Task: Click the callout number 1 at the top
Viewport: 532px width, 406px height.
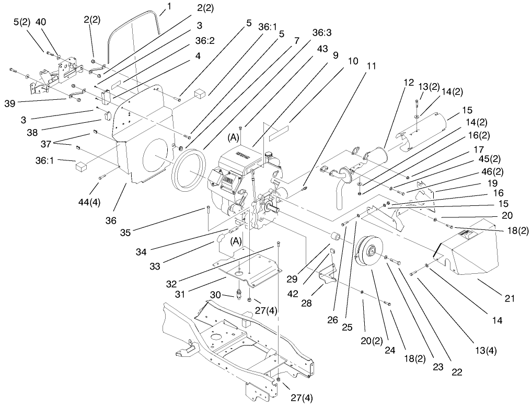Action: pyautogui.click(x=168, y=6)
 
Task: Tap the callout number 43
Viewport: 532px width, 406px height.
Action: pyautogui.click(x=322, y=49)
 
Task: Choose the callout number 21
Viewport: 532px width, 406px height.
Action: pyautogui.click(x=510, y=298)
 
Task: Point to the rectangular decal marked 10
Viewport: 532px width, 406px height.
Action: pyautogui.click(x=282, y=131)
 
